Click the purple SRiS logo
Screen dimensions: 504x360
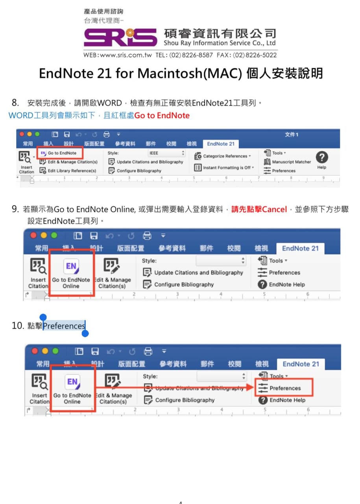click(120, 38)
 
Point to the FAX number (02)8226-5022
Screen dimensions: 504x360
click(255, 55)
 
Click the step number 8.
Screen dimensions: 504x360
click(15, 103)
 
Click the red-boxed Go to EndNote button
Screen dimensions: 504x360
click(60, 153)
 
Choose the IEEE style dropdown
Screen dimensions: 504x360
click(167, 153)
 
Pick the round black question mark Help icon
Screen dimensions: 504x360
click(322, 157)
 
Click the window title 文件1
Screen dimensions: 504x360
click(292, 135)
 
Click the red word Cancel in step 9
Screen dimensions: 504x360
click(274, 209)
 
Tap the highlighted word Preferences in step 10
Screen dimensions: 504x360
click(64, 326)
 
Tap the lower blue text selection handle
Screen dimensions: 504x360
click(85, 334)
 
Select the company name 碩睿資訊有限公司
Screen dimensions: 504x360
click(220, 33)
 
